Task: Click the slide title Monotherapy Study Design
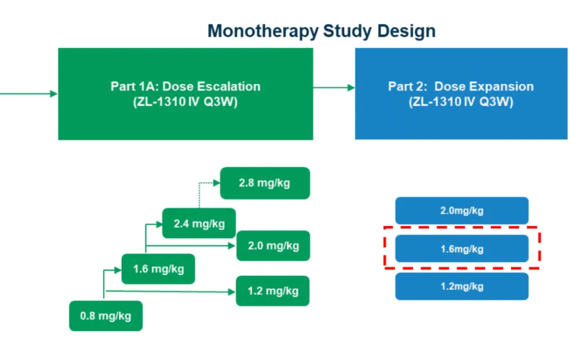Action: [x=321, y=31]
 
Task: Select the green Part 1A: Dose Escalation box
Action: [x=185, y=94]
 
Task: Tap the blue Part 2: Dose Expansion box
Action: [x=460, y=94]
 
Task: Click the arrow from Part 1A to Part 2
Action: [x=334, y=87]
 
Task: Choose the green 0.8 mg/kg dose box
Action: [x=105, y=316]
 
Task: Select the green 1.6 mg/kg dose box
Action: [x=158, y=269]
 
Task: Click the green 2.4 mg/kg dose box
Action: [x=199, y=223]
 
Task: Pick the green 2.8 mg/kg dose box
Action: [x=265, y=183]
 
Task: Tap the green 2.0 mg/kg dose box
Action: [x=273, y=246]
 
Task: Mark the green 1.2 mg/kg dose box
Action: [x=273, y=291]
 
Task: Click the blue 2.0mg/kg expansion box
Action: [x=462, y=210]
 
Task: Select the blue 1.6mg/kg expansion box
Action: [x=462, y=249]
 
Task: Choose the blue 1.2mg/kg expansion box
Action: [x=462, y=286]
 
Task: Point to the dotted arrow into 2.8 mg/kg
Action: [x=207, y=183]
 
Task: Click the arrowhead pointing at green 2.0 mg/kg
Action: [x=232, y=246]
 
